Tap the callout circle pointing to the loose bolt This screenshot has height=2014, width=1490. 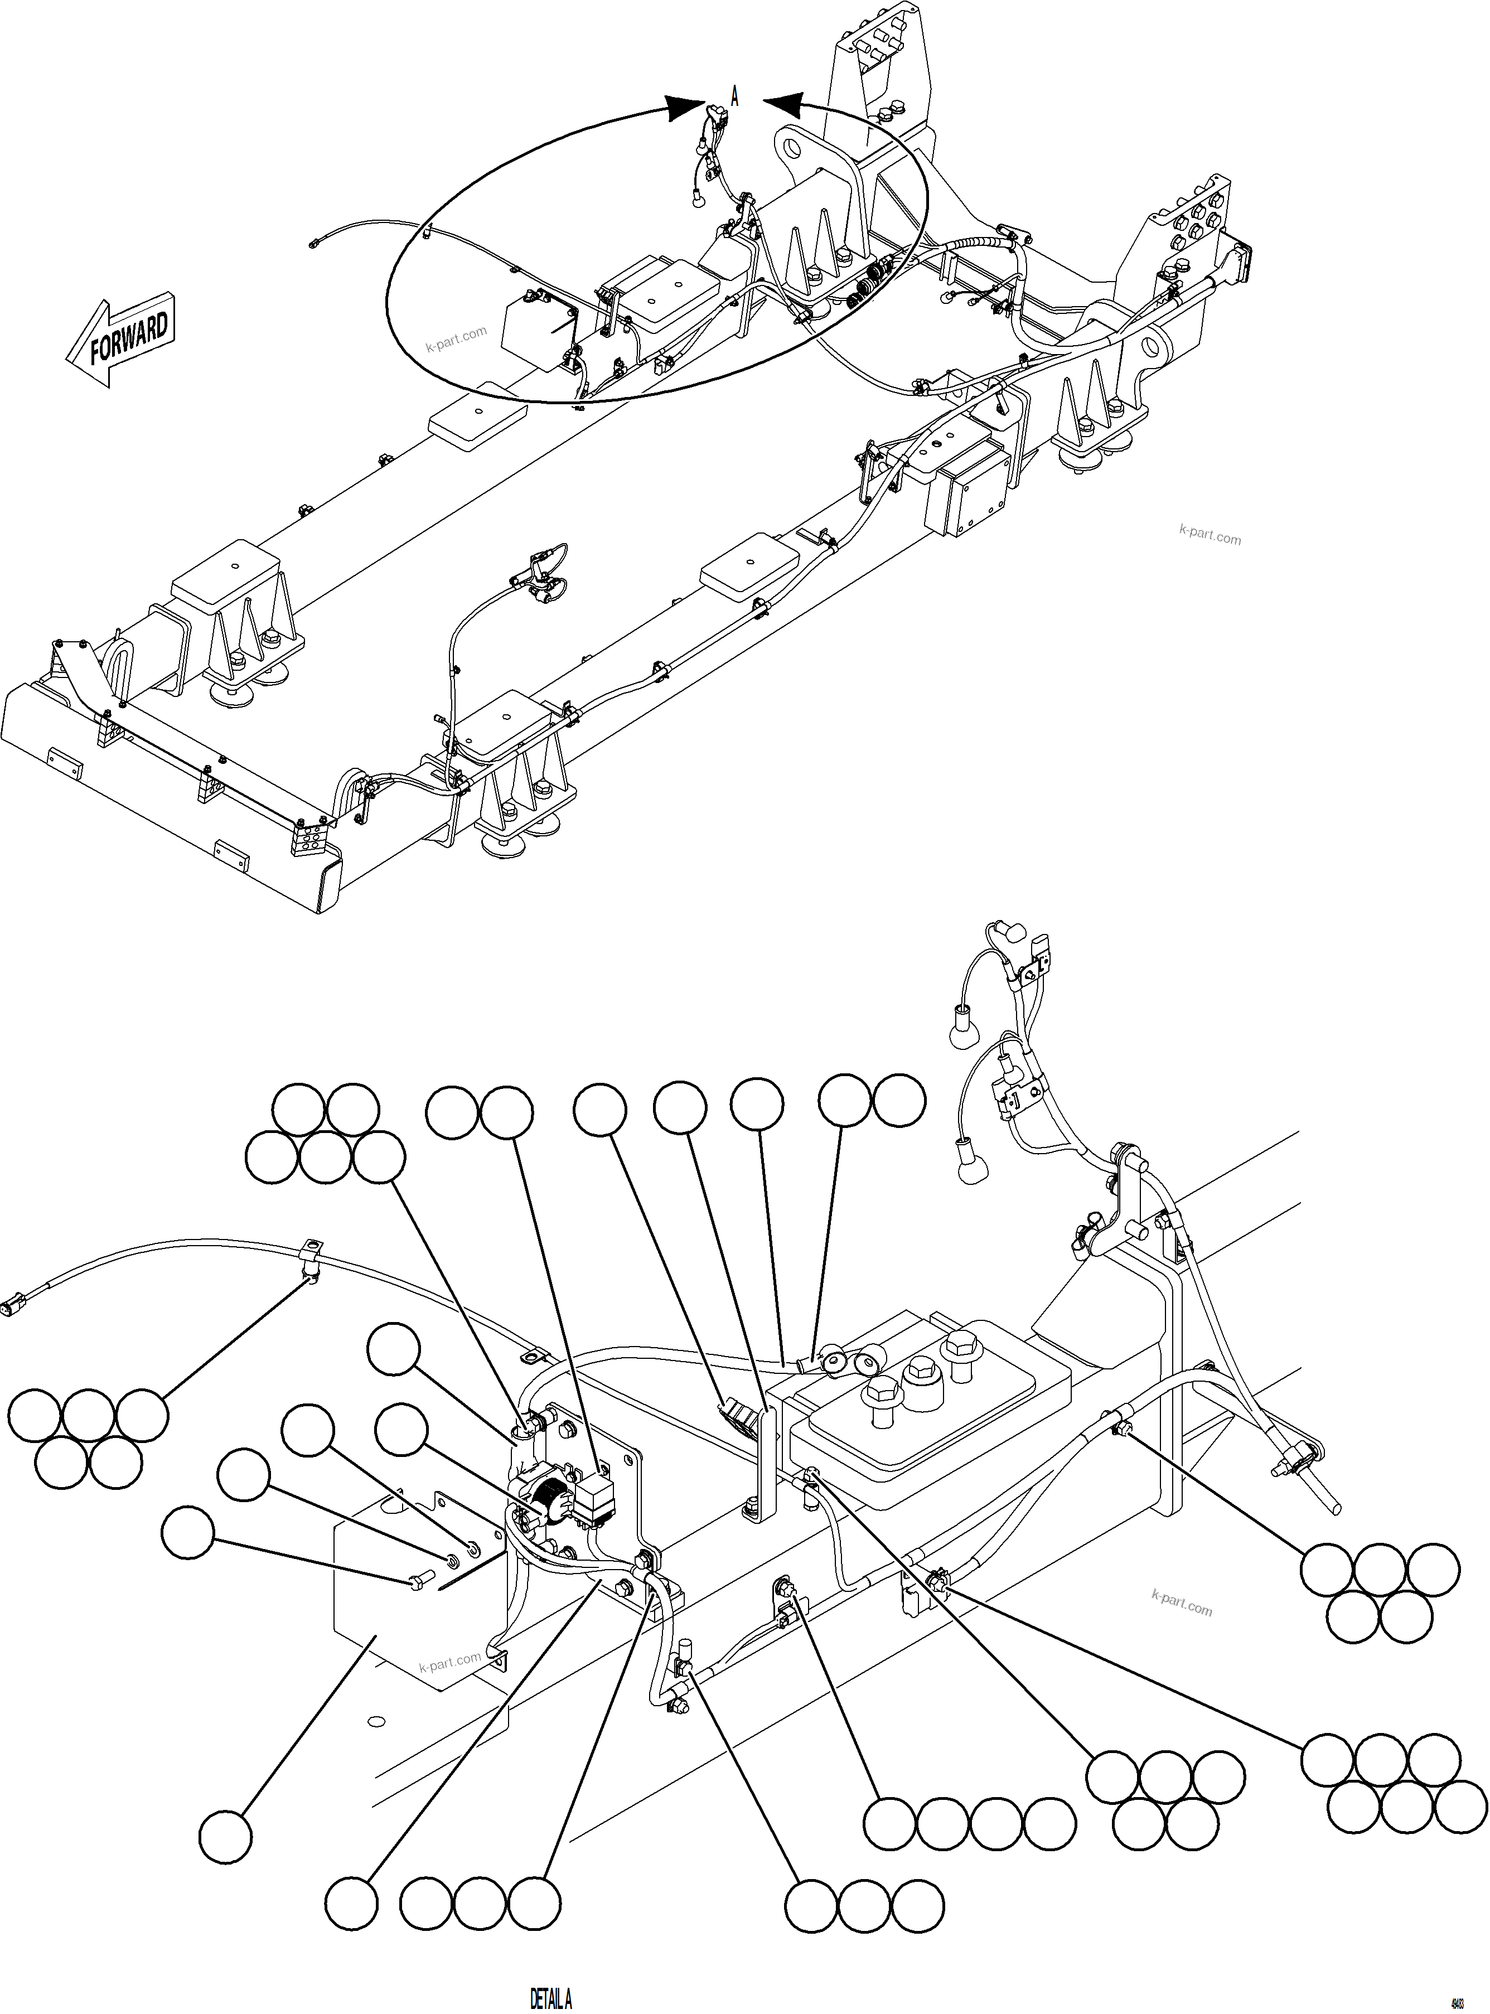187,1532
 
